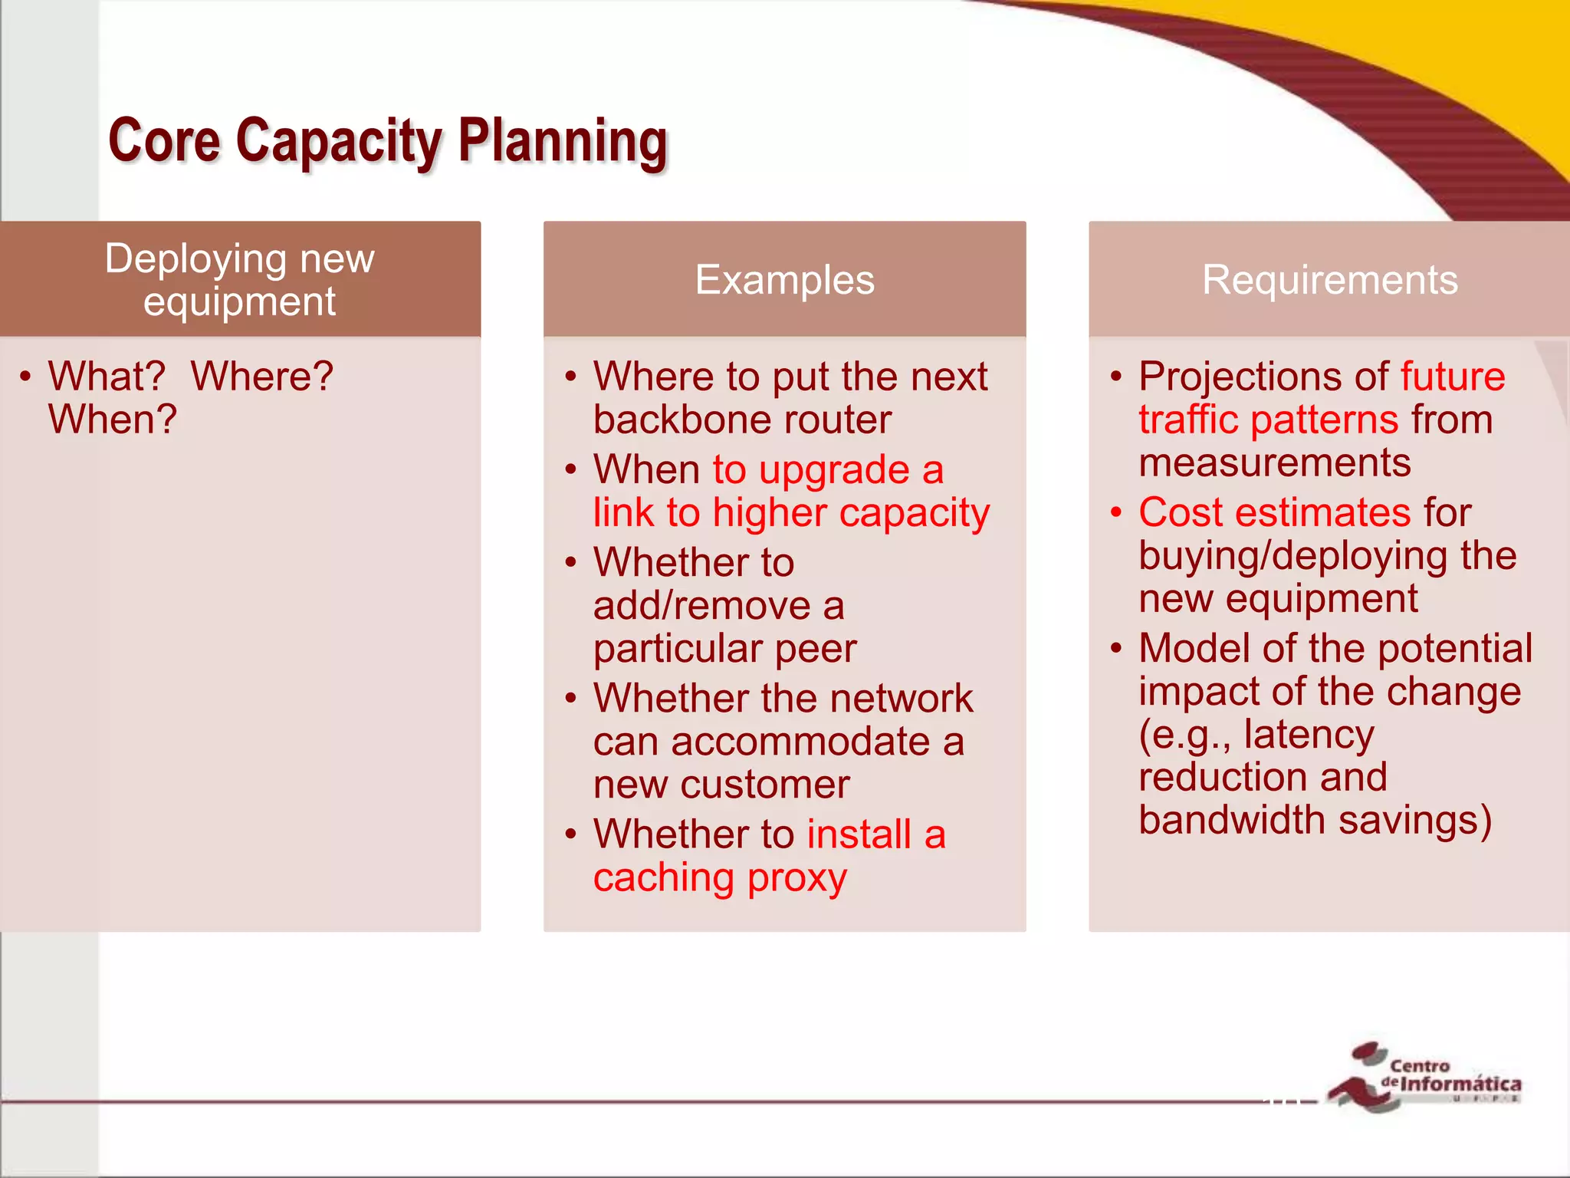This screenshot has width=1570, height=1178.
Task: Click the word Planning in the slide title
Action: [x=563, y=142]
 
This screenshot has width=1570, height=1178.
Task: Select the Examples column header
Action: [x=784, y=280]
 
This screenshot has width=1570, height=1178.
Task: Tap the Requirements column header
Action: [x=1329, y=280]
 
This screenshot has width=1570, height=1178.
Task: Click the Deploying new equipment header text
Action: [x=239, y=280]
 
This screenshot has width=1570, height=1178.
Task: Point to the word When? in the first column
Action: [x=113, y=420]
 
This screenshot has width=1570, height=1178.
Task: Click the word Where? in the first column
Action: [x=262, y=377]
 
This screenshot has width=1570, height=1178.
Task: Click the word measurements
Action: [x=1274, y=462]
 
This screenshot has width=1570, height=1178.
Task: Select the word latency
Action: [x=1309, y=734]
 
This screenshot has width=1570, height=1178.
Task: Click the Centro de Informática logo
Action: [x=1426, y=1078]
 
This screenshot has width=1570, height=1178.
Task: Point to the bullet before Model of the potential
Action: [x=1115, y=649]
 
